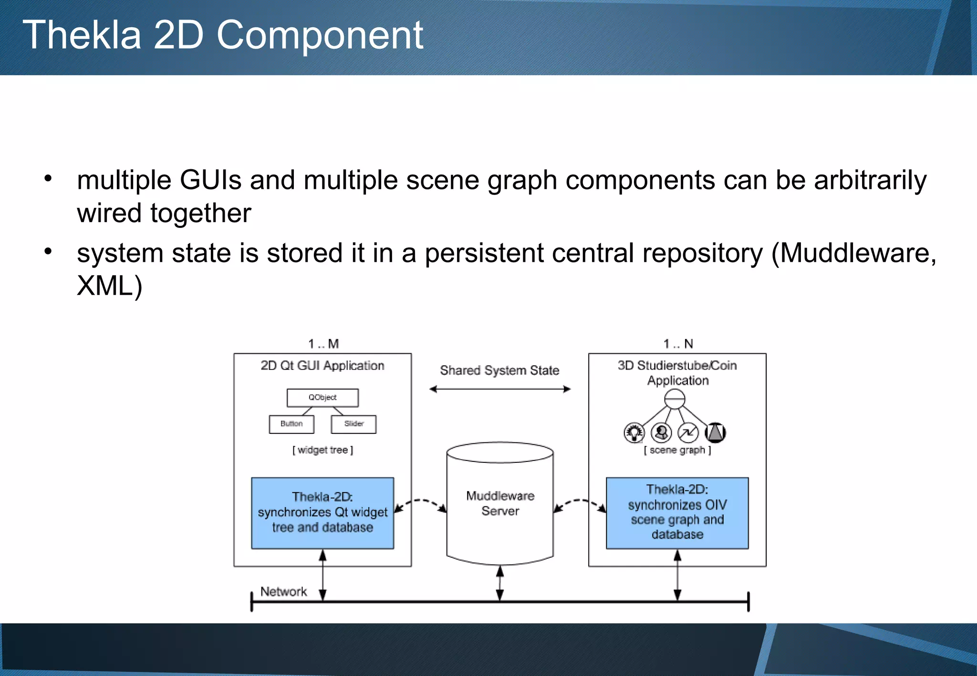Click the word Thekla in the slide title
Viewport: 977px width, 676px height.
coord(82,35)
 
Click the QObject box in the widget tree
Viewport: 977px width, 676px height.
coord(322,398)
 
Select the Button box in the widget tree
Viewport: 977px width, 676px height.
coord(291,424)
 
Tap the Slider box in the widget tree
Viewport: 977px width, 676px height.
coord(353,424)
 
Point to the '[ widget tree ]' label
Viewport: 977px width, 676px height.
coord(322,450)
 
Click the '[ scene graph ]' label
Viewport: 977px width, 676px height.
coord(677,450)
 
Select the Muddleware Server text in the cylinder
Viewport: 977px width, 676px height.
coord(500,503)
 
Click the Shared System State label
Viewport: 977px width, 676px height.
coord(499,370)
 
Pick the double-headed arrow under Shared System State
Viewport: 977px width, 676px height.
coord(499,389)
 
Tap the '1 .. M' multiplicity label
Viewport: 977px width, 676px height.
coord(323,344)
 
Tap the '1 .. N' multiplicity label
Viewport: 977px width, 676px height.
coord(678,344)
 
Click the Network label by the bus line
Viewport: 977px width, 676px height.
coord(283,592)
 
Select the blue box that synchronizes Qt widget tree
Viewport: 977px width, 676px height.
coord(322,513)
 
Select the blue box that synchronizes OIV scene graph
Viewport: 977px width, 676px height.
coord(677,513)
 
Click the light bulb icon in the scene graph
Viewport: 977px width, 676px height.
coord(634,432)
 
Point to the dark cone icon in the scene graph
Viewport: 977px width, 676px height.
coord(715,432)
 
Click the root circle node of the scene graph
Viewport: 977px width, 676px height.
coord(675,399)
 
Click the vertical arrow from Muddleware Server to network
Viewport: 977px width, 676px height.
coord(500,583)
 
